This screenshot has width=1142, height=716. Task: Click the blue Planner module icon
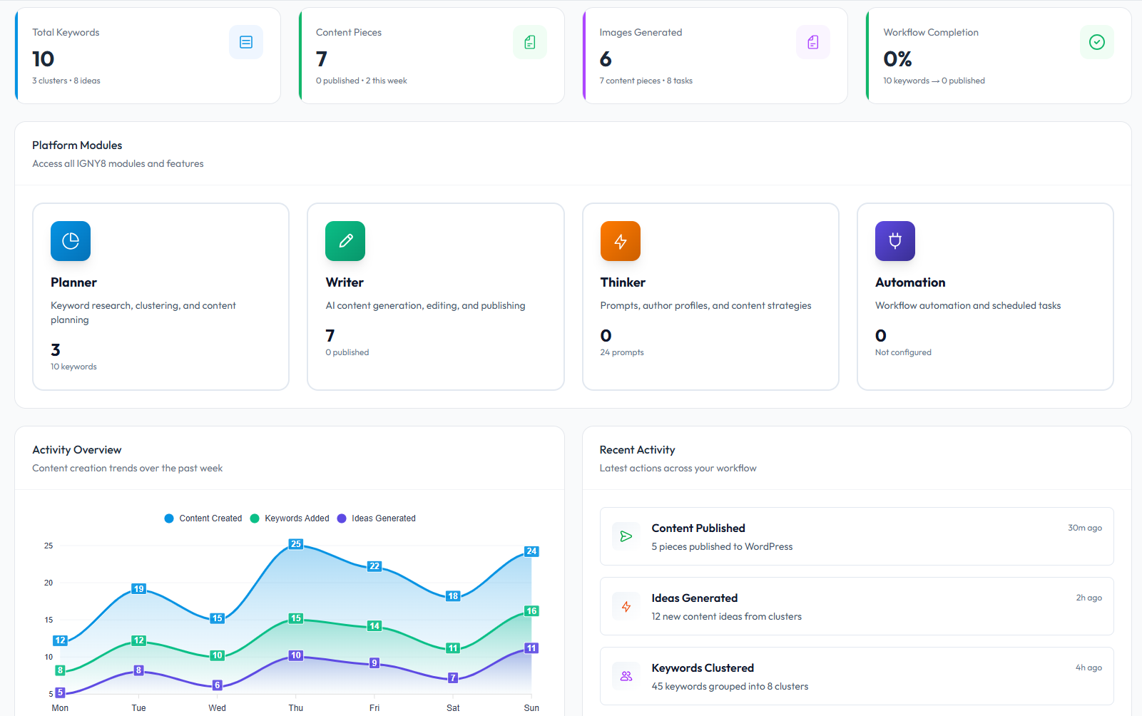(71, 241)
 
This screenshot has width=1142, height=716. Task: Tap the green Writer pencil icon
(345, 241)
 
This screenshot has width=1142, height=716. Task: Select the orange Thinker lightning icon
(621, 241)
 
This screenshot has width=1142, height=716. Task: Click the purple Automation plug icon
(895, 241)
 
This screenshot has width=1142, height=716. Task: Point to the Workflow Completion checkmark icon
(1097, 42)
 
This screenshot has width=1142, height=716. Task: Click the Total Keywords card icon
(246, 42)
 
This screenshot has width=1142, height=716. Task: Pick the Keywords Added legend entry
(290, 518)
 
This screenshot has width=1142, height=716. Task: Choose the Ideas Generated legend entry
(377, 518)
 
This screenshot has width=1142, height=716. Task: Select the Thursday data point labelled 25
(296, 544)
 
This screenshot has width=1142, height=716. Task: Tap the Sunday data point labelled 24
(531, 551)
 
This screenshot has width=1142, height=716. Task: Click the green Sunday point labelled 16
(531, 611)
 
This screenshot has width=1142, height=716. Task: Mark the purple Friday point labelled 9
(374, 663)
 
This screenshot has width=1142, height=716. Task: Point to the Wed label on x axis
(217, 708)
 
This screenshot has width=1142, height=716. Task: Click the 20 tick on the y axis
(49, 583)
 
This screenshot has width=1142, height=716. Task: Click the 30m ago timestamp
(1084, 528)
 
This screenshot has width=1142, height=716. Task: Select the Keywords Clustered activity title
(703, 668)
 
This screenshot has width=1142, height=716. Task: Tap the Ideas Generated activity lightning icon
(626, 606)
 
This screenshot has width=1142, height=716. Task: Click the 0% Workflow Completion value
(897, 58)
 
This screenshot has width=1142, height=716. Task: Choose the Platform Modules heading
(77, 145)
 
